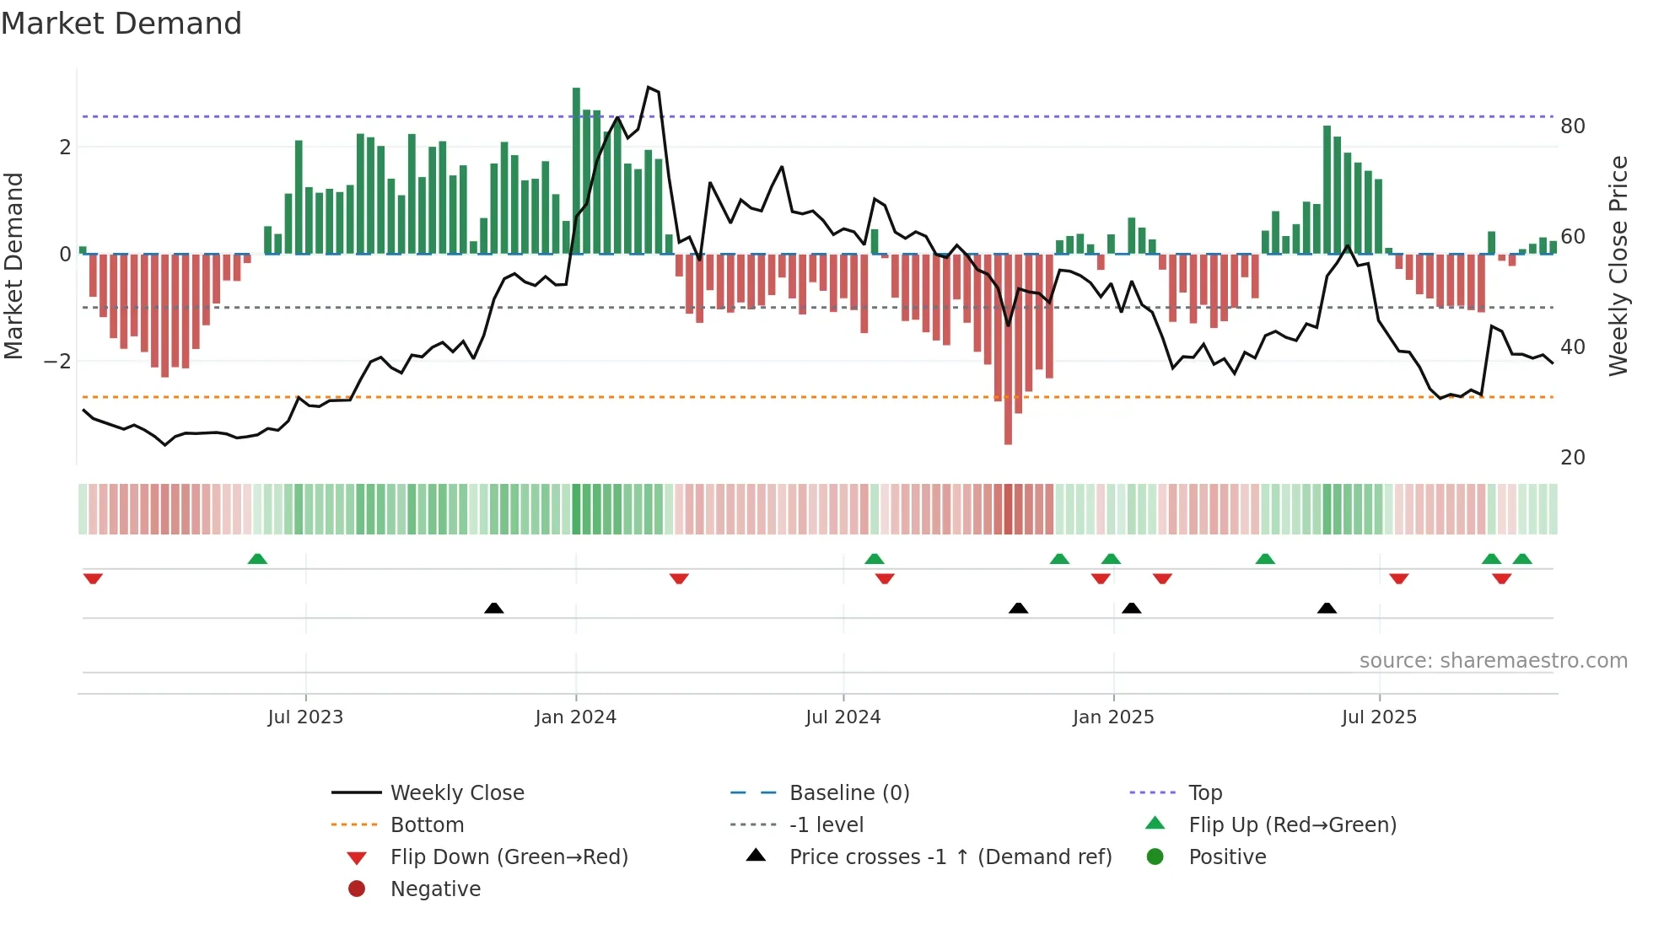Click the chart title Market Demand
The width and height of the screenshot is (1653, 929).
pos(121,24)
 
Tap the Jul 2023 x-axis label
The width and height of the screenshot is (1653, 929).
pos(305,717)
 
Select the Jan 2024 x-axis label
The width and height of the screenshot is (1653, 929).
pos(576,717)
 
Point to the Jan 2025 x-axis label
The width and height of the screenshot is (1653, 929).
pos(1113,717)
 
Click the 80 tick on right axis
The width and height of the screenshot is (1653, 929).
pos(1573,126)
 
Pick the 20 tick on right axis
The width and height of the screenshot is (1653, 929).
pos(1573,458)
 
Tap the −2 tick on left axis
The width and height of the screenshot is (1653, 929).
pos(57,362)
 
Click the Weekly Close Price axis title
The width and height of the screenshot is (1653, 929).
pos(1618,266)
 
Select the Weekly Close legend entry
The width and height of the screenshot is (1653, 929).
pos(456,793)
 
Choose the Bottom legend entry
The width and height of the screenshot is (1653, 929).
pos(427,825)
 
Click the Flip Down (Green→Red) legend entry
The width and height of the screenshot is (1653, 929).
pos(509,857)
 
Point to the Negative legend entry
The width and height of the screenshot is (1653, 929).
pos(435,889)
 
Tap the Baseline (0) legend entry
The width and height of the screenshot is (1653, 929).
pos(848,793)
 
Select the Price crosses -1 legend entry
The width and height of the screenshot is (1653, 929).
pos(950,857)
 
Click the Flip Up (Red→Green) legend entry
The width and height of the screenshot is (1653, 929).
pos(1292,825)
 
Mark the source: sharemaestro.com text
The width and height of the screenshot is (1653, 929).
pos(1493,661)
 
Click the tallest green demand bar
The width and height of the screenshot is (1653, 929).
pos(576,169)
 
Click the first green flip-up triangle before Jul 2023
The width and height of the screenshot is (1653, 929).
pos(257,559)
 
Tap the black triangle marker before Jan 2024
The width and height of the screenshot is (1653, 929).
pos(494,608)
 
